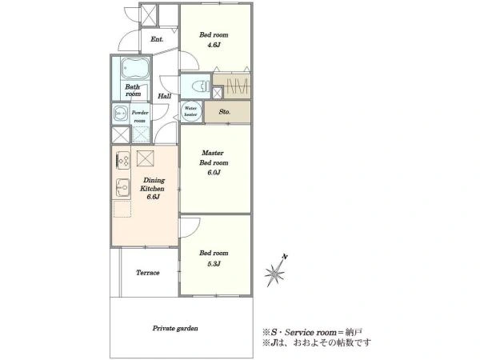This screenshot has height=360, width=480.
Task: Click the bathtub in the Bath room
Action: click(134, 68)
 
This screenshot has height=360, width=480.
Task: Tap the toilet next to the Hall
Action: click(201, 86)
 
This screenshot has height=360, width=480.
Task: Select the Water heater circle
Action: click(190, 112)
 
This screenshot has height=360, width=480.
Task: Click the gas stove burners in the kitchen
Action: click(123, 161)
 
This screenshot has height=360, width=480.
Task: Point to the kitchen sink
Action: click(122, 187)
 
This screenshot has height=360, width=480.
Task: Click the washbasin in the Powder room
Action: click(120, 114)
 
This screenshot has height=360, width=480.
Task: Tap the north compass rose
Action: click(275, 271)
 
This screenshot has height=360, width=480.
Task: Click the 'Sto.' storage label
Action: click(225, 112)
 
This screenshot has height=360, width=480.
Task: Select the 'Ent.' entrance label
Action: click(157, 39)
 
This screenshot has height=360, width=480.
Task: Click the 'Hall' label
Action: click(164, 96)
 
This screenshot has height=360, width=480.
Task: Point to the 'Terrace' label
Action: click(147, 273)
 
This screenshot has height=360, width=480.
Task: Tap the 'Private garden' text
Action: click(175, 329)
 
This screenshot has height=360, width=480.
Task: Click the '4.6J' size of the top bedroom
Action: click(214, 45)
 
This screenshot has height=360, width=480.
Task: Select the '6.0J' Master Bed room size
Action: click(214, 172)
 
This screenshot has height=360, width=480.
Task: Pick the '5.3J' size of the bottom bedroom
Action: click(214, 263)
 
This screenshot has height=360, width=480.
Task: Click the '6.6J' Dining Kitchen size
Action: click(153, 197)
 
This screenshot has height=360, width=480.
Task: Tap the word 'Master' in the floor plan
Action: click(213, 153)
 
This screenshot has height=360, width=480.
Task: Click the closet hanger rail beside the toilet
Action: click(238, 86)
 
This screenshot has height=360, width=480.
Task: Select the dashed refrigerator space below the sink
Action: click(122, 209)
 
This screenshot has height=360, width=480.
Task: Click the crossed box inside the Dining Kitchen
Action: click(146, 158)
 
